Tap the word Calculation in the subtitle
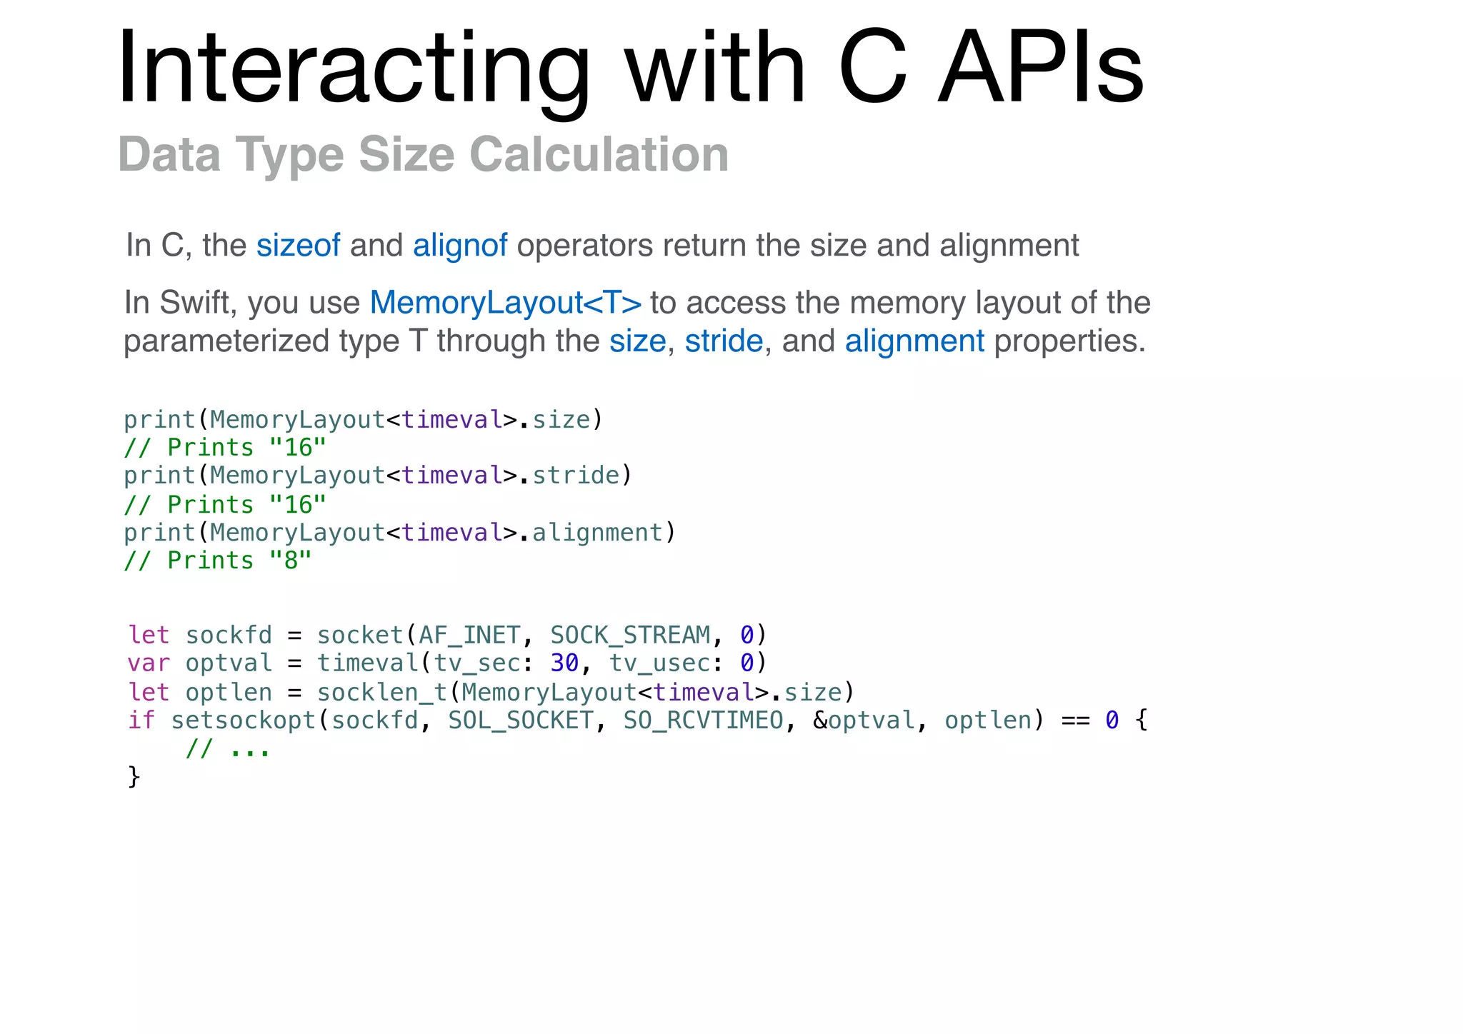click(x=599, y=154)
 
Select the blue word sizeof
click(x=298, y=246)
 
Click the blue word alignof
click(x=460, y=246)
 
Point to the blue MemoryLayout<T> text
click(x=505, y=303)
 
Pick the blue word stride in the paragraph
click(x=724, y=341)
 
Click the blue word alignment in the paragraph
click(x=914, y=341)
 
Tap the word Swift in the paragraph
click(x=199, y=303)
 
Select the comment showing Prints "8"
click(x=218, y=561)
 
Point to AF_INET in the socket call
click(x=469, y=635)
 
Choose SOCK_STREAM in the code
click(x=630, y=635)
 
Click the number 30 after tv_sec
click(x=564, y=663)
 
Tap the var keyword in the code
click(x=149, y=663)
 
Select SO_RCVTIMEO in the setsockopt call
click(x=703, y=721)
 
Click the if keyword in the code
click(x=141, y=721)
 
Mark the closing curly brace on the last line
click(x=134, y=777)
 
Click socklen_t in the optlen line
click(x=382, y=692)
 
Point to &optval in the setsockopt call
click(x=864, y=721)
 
